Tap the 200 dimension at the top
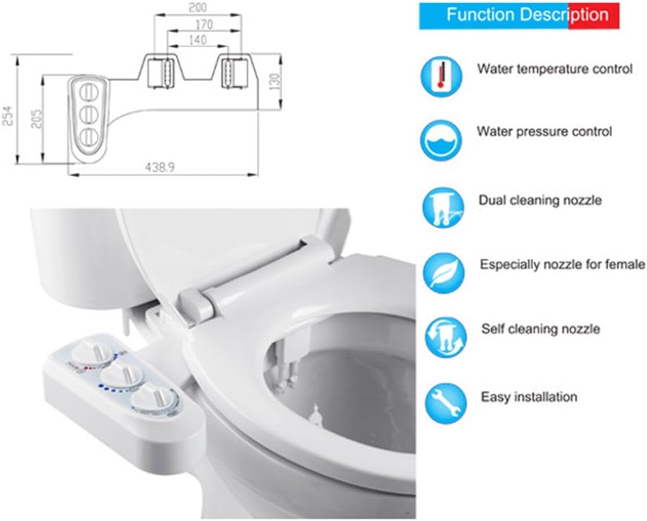pyautogui.click(x=199, y=8)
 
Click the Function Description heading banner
pyautogui.click(x=519, y=15)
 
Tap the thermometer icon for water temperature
pyautogui.click(x=441, y=77)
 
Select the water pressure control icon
pyautogui.click(x=441, y=139)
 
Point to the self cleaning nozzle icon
pyautogui.click(x=444, y=336)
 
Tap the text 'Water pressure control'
pyautogui.click(x=544, y=131)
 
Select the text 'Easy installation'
pyautogui.click(x=529, y=397)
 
